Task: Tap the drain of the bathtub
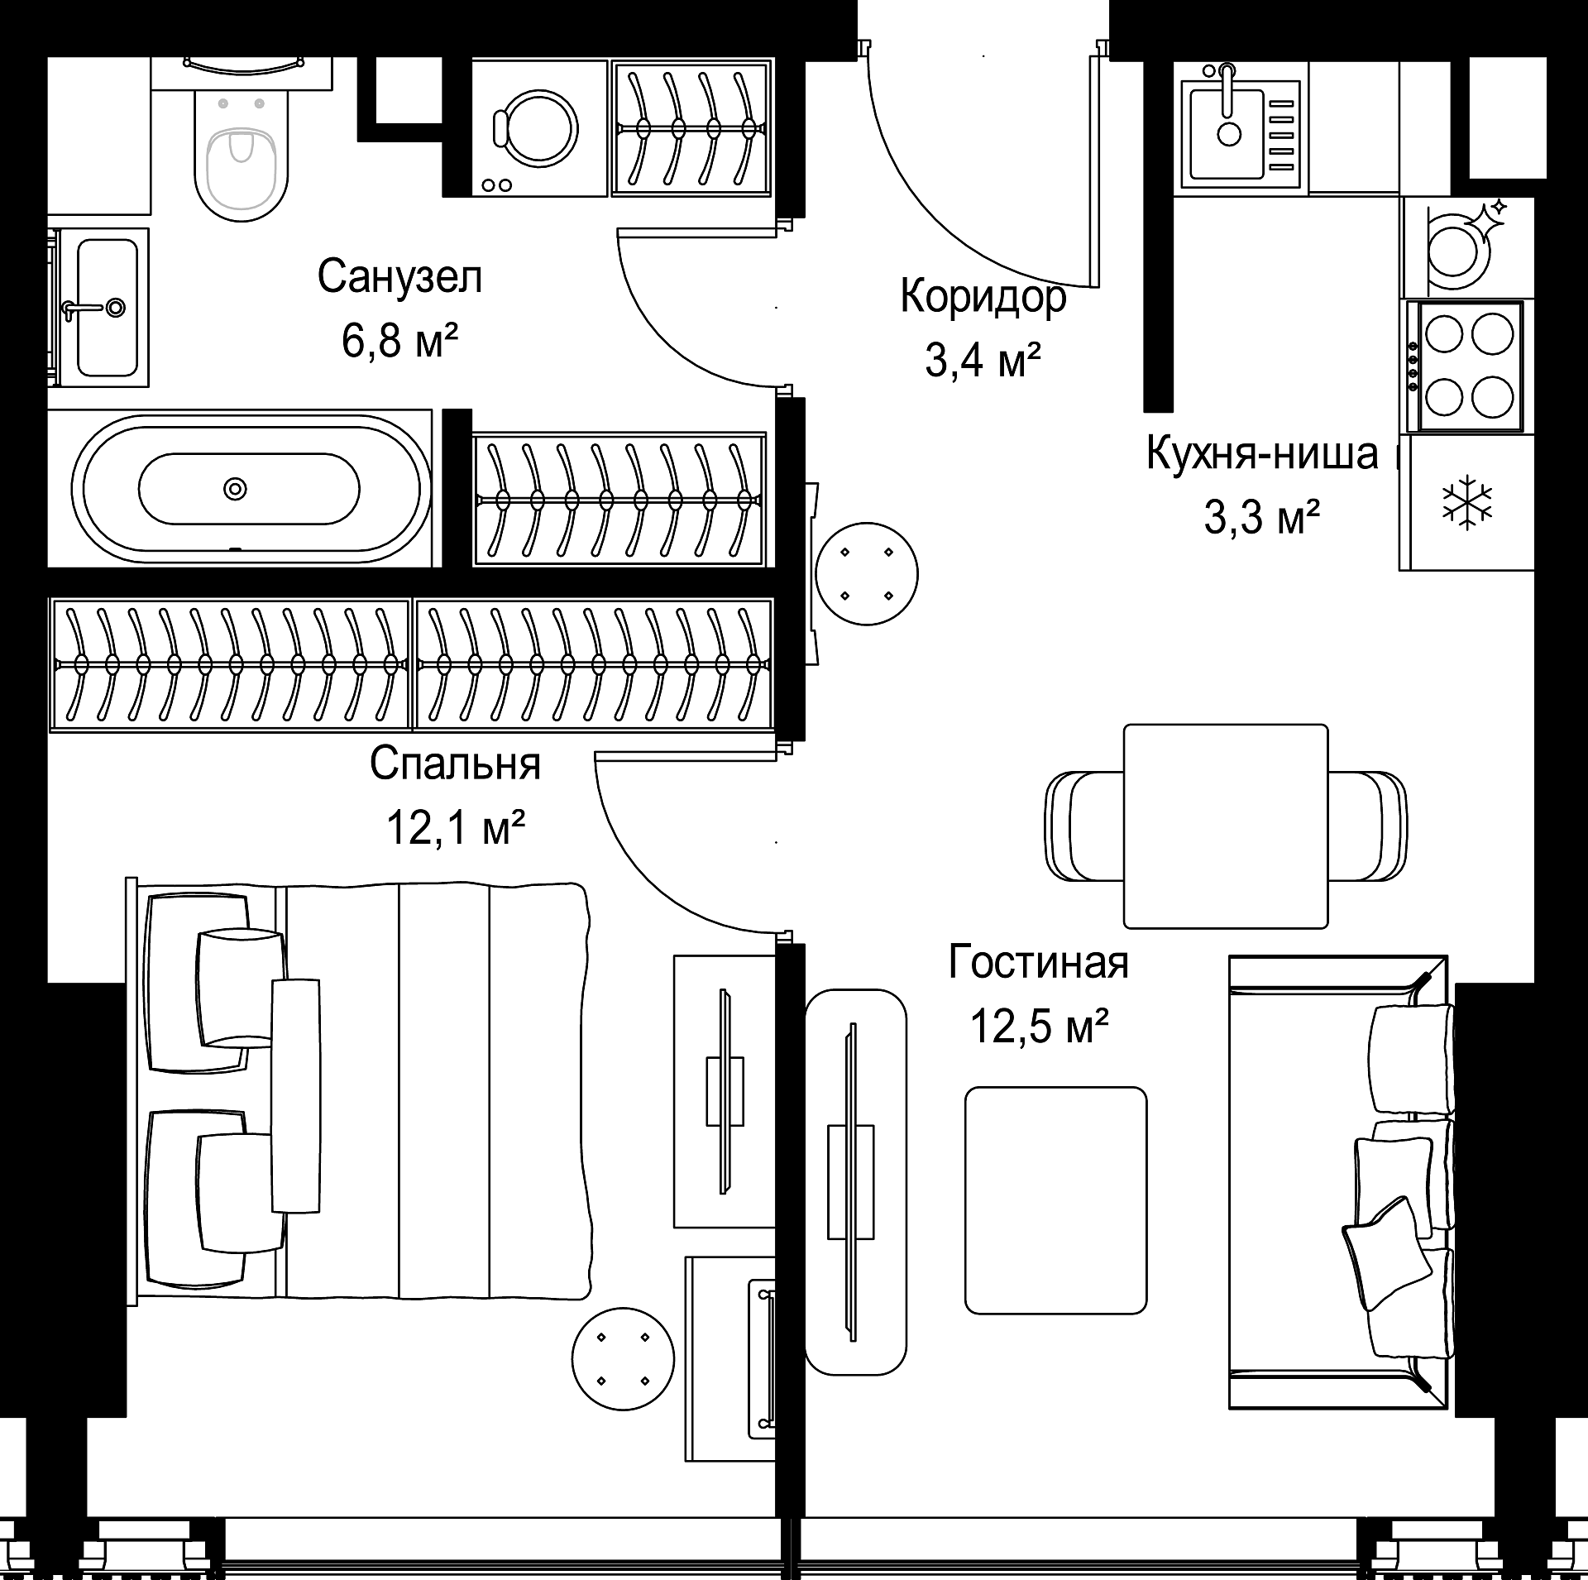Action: (236, 488)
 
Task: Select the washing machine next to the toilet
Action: (539, 128)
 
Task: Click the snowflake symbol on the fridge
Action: (1467, 502)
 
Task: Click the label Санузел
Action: (399, 277)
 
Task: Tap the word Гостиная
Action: (1038, 963)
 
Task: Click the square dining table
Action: (1226, 826)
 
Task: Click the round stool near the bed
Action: (623, 1359)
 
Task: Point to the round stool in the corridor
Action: (866, 574)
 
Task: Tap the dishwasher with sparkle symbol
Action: (1468, 247)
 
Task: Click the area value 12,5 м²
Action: (1039, 1027)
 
